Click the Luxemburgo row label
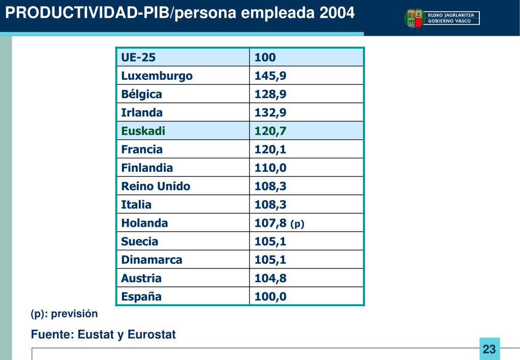pos(157,76)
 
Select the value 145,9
pos(270,76)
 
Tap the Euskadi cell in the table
pos(143,131)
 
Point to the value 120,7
pos(270,131)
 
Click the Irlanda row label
pos(142,112)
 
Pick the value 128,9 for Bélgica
pos(270,94)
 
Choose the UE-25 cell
pos(138,57)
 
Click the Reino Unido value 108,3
pos(270,186)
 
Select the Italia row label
pos(136,204)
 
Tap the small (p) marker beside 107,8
pos(297,224)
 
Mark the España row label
pos(141,296)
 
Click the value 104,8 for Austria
pos(270,278)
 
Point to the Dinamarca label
pos(151,260)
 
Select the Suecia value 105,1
pos(270,241)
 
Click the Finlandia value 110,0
pos(270,168)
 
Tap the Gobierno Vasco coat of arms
pos(414,18)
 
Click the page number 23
pos(489,349)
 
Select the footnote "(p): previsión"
pos(64,314)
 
